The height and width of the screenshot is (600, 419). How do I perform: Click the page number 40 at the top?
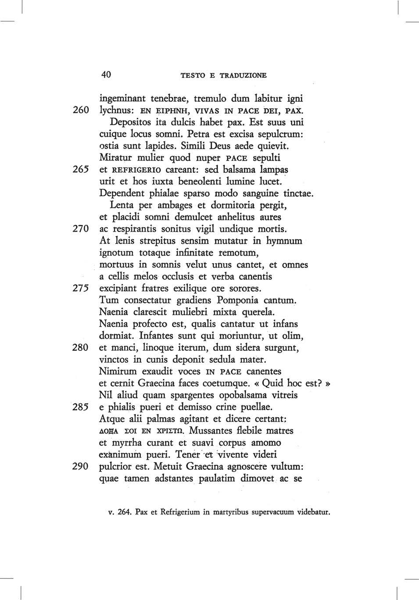click(x=106, y=75)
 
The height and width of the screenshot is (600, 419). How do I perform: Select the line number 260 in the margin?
click(x=81, y=110)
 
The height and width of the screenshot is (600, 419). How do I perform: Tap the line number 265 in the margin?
click(x=81, y=169)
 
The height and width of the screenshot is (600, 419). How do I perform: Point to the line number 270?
click(x=81, y=229)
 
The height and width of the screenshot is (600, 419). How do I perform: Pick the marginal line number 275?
click(x=81, y=289)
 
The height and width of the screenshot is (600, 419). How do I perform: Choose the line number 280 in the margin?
click(x=81, y=348)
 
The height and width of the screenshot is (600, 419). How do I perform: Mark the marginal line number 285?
click(x=81, y=407)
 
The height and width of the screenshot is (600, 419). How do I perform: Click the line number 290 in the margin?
click(x=81, y=466)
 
